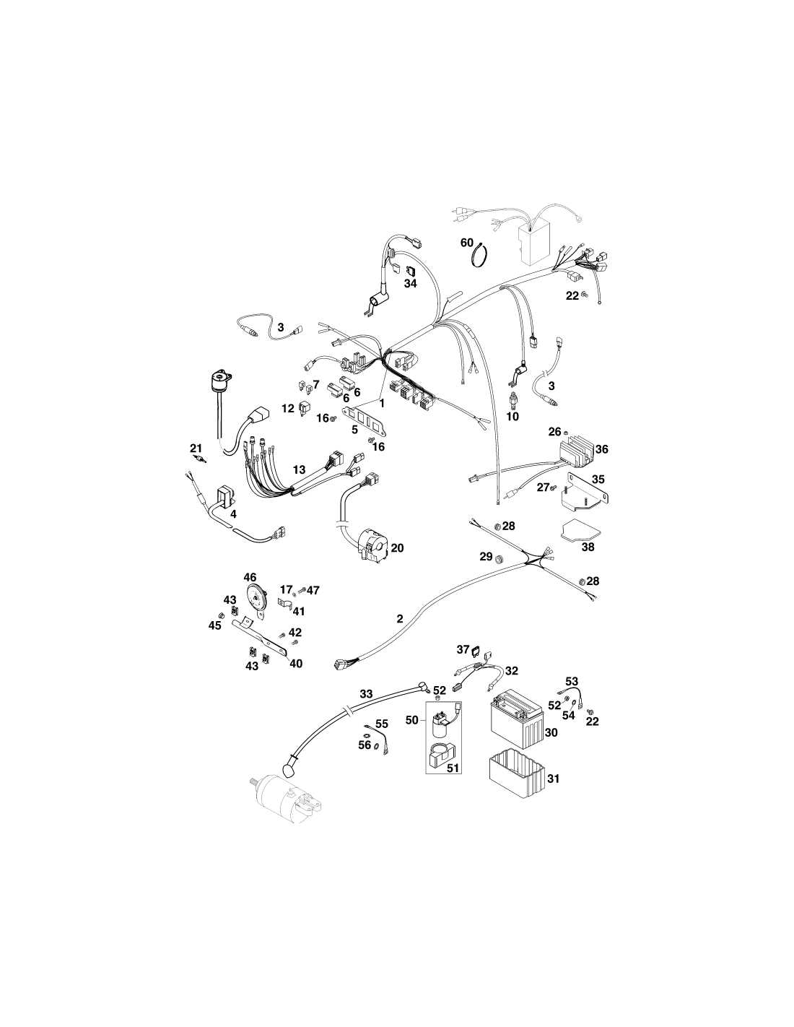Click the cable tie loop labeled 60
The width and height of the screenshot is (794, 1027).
pos(480,255)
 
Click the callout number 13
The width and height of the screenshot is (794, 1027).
pos(299,469)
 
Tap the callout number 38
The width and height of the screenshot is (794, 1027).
pos(588,547)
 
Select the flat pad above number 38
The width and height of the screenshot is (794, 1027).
pos(580,530)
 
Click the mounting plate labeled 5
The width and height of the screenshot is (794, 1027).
pos(367,418)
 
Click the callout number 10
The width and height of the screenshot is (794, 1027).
pos(512,417)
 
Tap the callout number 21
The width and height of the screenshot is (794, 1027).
pos(196,448)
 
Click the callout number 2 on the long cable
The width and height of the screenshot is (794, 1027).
pos(400,619)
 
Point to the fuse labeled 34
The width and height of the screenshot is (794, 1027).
pos(410,272)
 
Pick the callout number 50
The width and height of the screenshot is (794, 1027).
pos(412,720)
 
